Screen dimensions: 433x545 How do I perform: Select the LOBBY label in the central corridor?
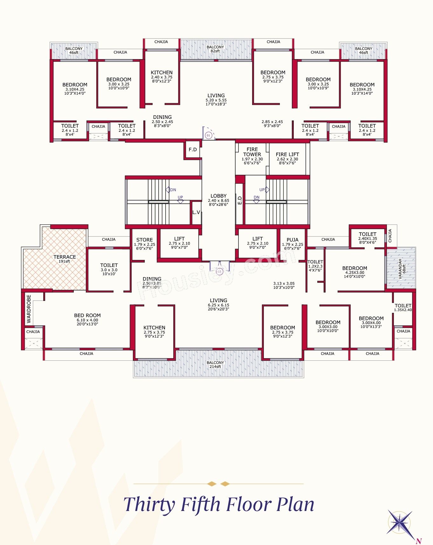218,200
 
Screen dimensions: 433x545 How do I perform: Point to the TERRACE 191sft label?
65,259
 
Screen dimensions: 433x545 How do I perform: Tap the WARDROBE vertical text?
29,309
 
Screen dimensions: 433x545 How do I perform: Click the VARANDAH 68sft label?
402,269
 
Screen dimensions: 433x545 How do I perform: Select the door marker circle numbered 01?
209,135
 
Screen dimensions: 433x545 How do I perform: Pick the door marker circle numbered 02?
219,272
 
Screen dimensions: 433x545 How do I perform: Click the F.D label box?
193,149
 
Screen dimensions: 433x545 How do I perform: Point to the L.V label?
196,212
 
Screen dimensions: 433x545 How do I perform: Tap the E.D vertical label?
240,200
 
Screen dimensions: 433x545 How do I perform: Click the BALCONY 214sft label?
215,364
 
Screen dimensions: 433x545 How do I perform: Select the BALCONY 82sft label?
215,49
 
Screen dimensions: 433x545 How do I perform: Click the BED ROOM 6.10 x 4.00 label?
87,320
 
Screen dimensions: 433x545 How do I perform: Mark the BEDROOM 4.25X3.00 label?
354,272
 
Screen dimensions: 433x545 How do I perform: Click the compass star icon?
400,523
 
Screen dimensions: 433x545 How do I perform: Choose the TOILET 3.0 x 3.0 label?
109,269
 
